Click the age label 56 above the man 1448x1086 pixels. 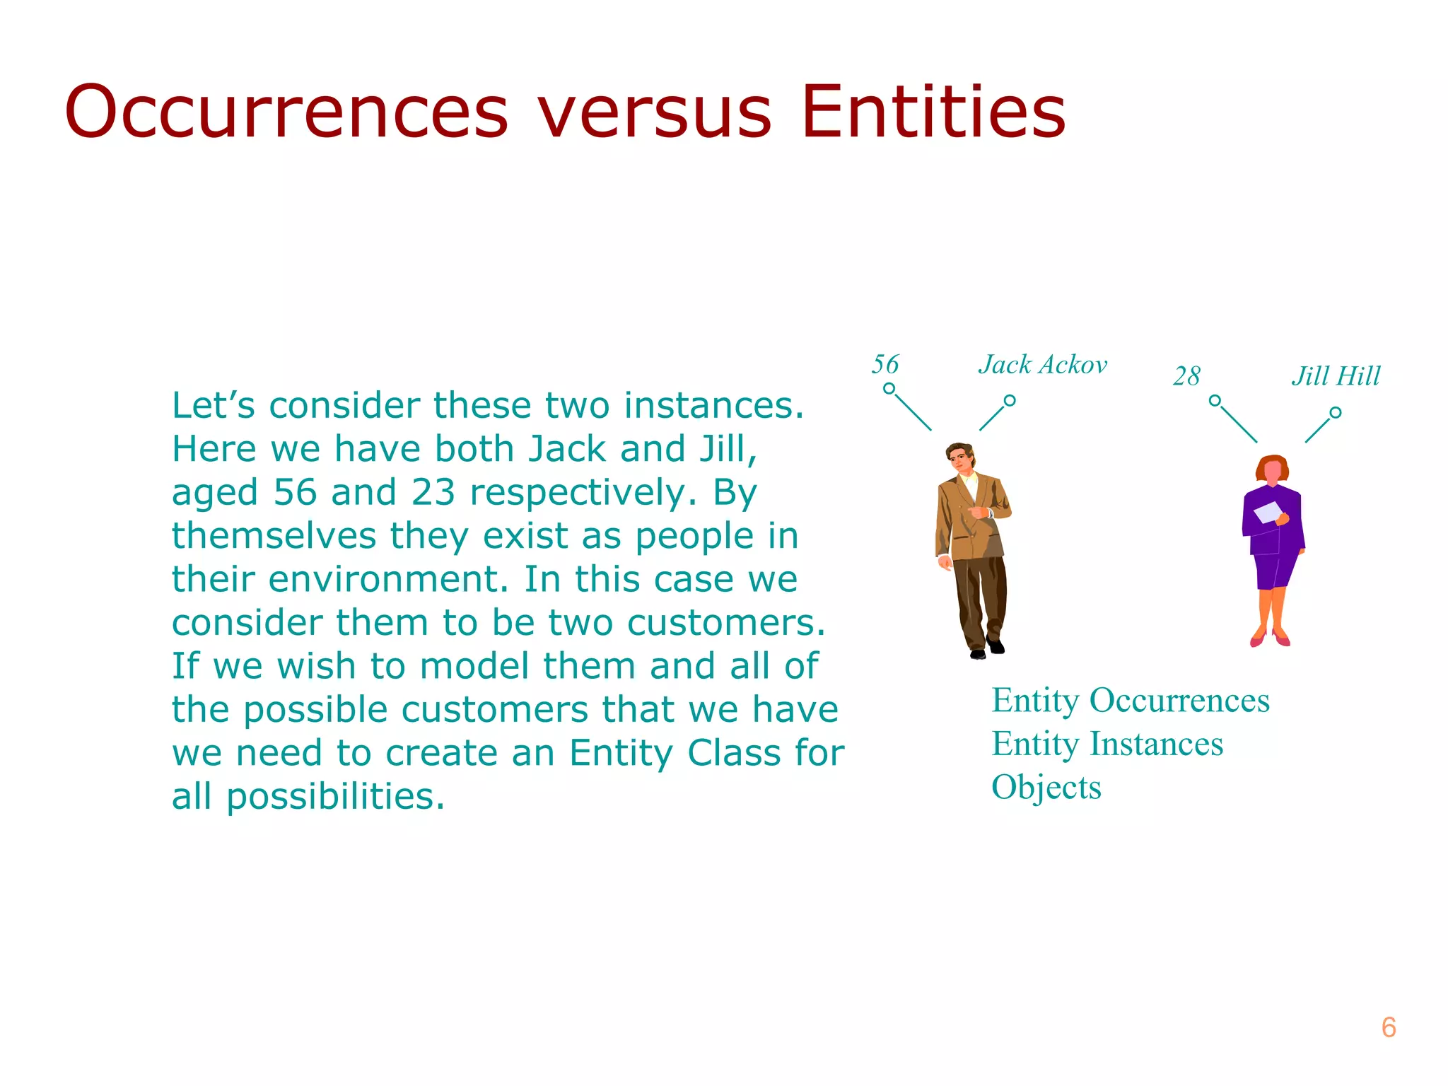click(884, 365)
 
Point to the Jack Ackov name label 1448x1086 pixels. click(1043, 365)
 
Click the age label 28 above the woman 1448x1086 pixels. click(1186, 376)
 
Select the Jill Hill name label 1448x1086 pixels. click(1336, 376)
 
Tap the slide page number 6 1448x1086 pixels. click(1388, 1027)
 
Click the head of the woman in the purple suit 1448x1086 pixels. click(1273, 469)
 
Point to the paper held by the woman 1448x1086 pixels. click(1268, 513)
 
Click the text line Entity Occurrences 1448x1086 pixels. click(1130, 701)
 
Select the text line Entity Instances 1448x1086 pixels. click(1107, 744)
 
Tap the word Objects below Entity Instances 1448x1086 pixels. click(1046, 787)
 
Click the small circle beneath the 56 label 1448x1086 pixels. click(889, 389)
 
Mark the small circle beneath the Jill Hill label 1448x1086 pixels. click(1335, 412)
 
